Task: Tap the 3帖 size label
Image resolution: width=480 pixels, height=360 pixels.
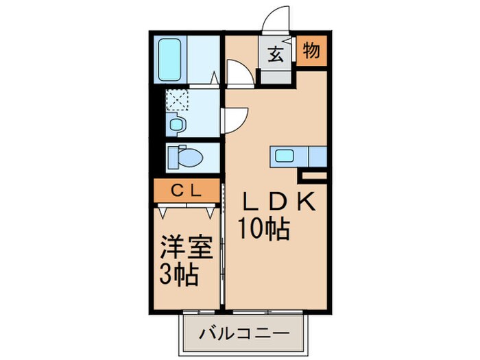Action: pos(180,275)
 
